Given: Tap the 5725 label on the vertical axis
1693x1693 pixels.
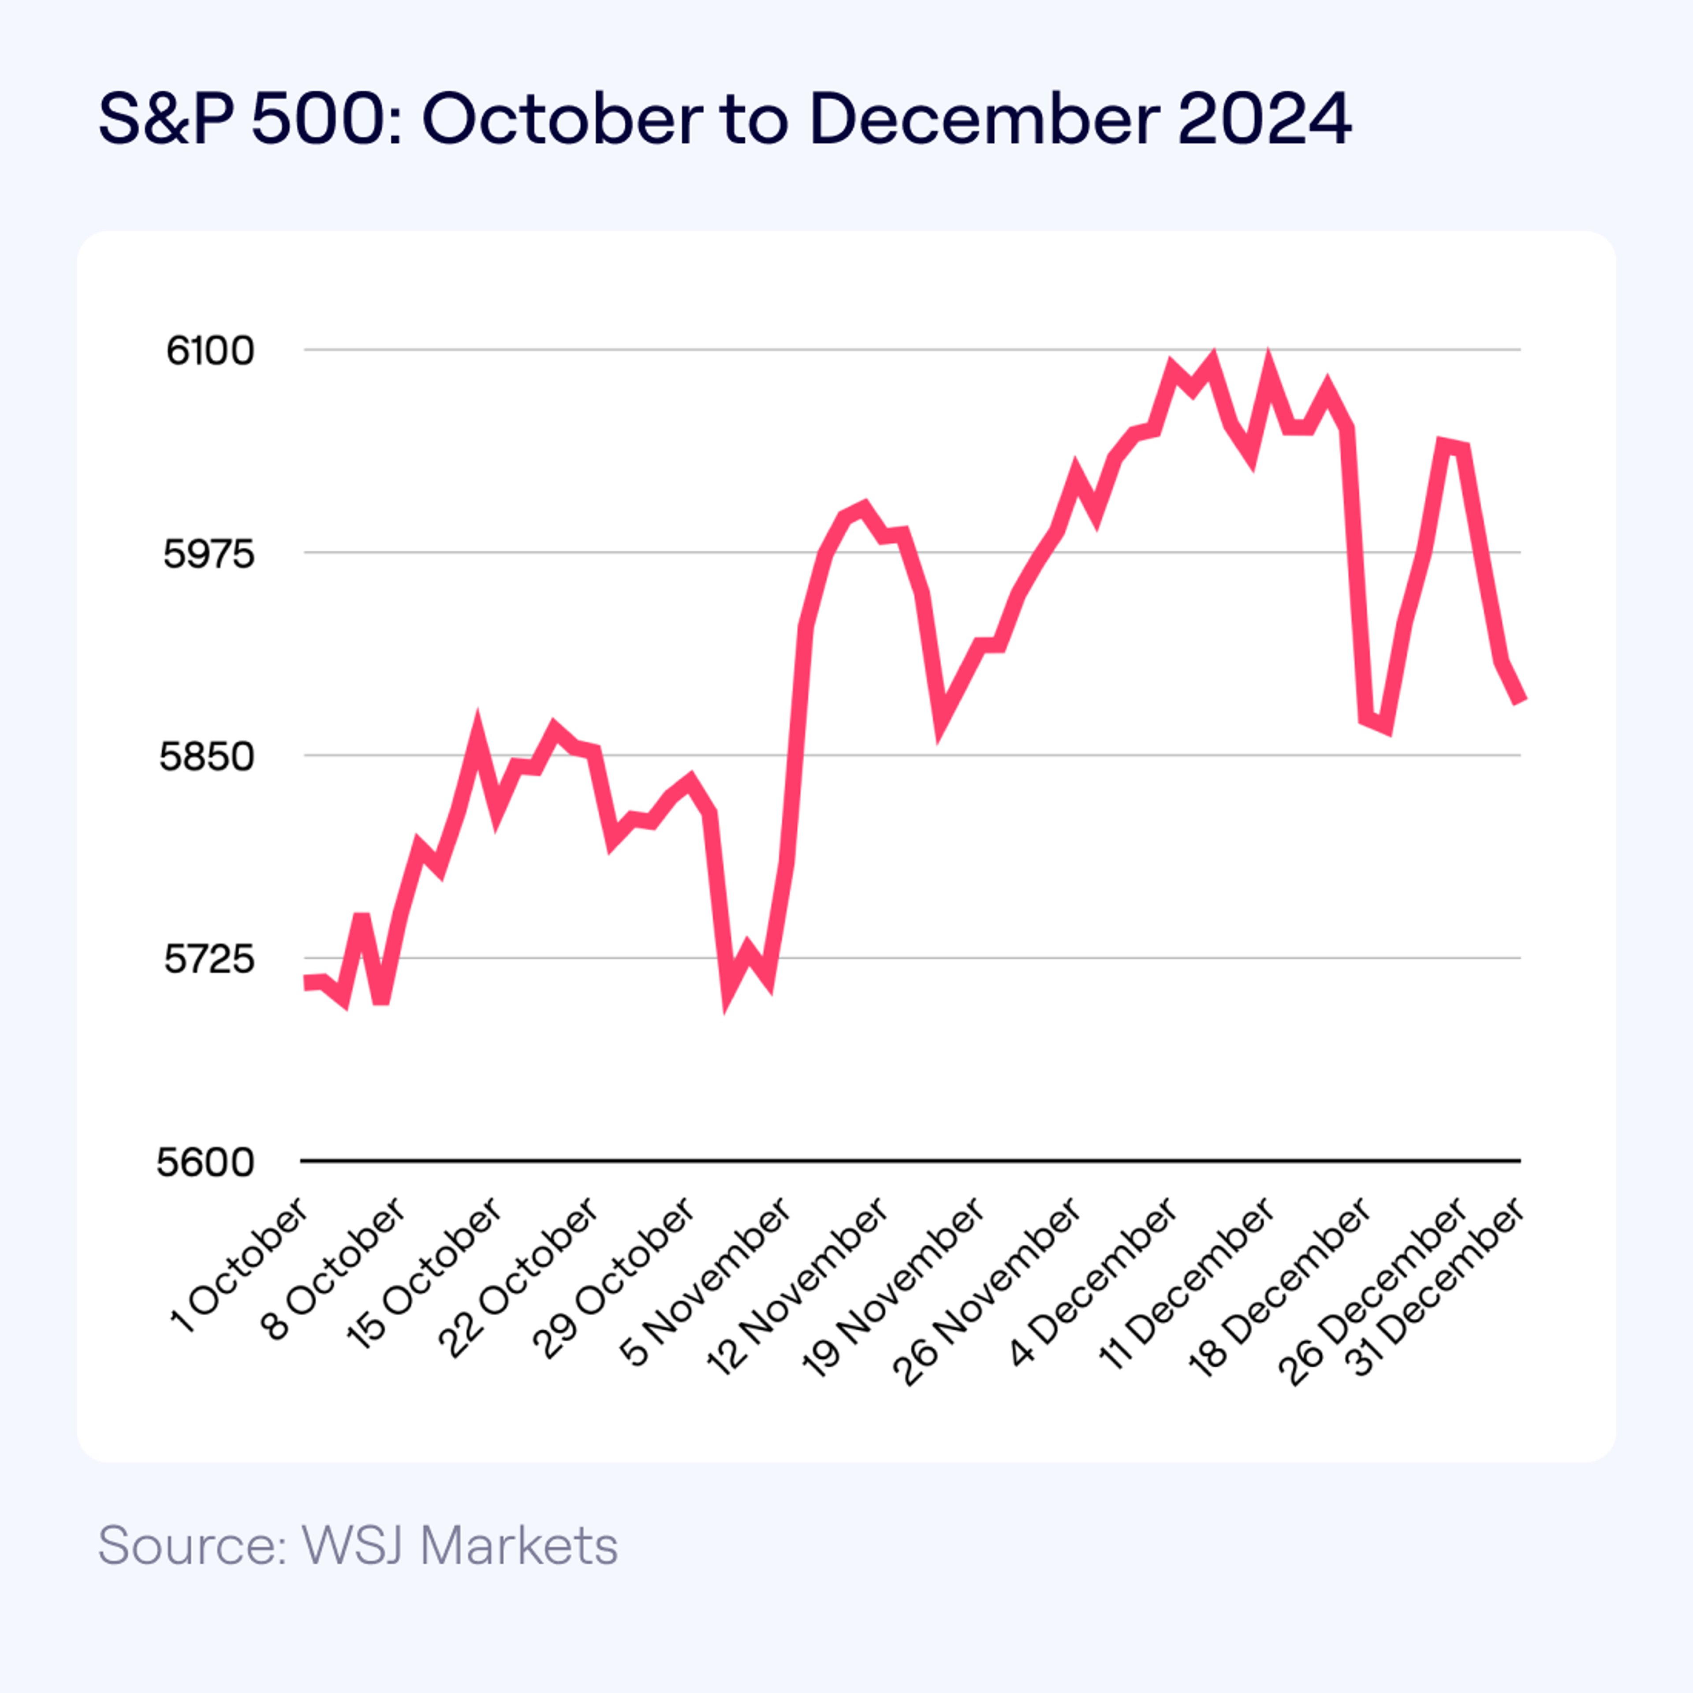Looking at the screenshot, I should pyautogui.click(x=209, y=959).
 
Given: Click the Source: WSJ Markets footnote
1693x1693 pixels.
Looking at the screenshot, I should pyautogui.click(x=358, y=1545).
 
